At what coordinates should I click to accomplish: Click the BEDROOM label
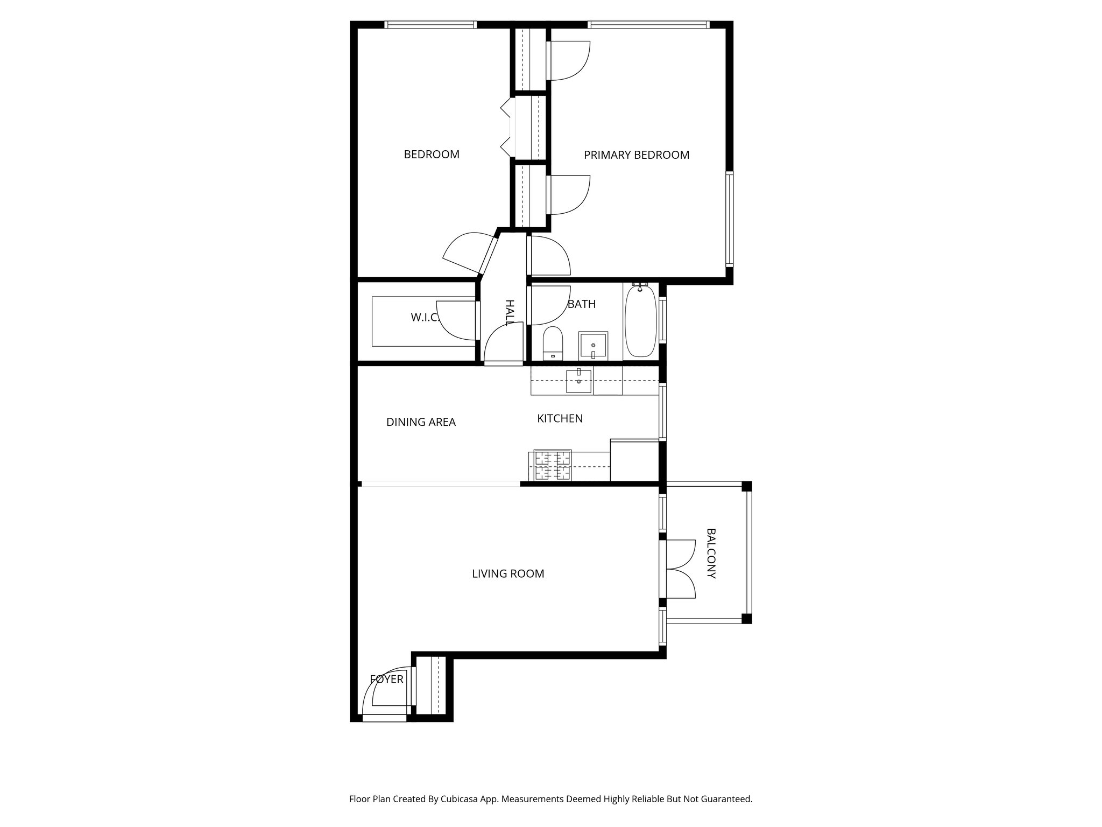[432, 155]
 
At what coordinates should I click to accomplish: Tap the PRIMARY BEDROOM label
[636, 155]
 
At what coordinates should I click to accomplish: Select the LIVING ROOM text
[507, 574]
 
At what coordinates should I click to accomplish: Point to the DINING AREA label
[421, 422]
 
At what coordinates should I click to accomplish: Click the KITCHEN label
[560, 418]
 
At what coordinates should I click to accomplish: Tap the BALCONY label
[711, 553]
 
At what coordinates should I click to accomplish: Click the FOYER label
[386, 679]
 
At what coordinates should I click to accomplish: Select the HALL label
[509, 313]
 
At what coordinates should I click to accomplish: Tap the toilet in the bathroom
[553, 344]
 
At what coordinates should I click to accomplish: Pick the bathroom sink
[593, 346]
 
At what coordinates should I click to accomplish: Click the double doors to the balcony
[679, 569]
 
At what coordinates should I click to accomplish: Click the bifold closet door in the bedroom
[506, 128]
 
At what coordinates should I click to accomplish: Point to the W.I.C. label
[425, 318]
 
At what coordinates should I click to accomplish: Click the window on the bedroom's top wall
[430, 25]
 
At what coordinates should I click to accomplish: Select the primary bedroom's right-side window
[729, 219]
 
